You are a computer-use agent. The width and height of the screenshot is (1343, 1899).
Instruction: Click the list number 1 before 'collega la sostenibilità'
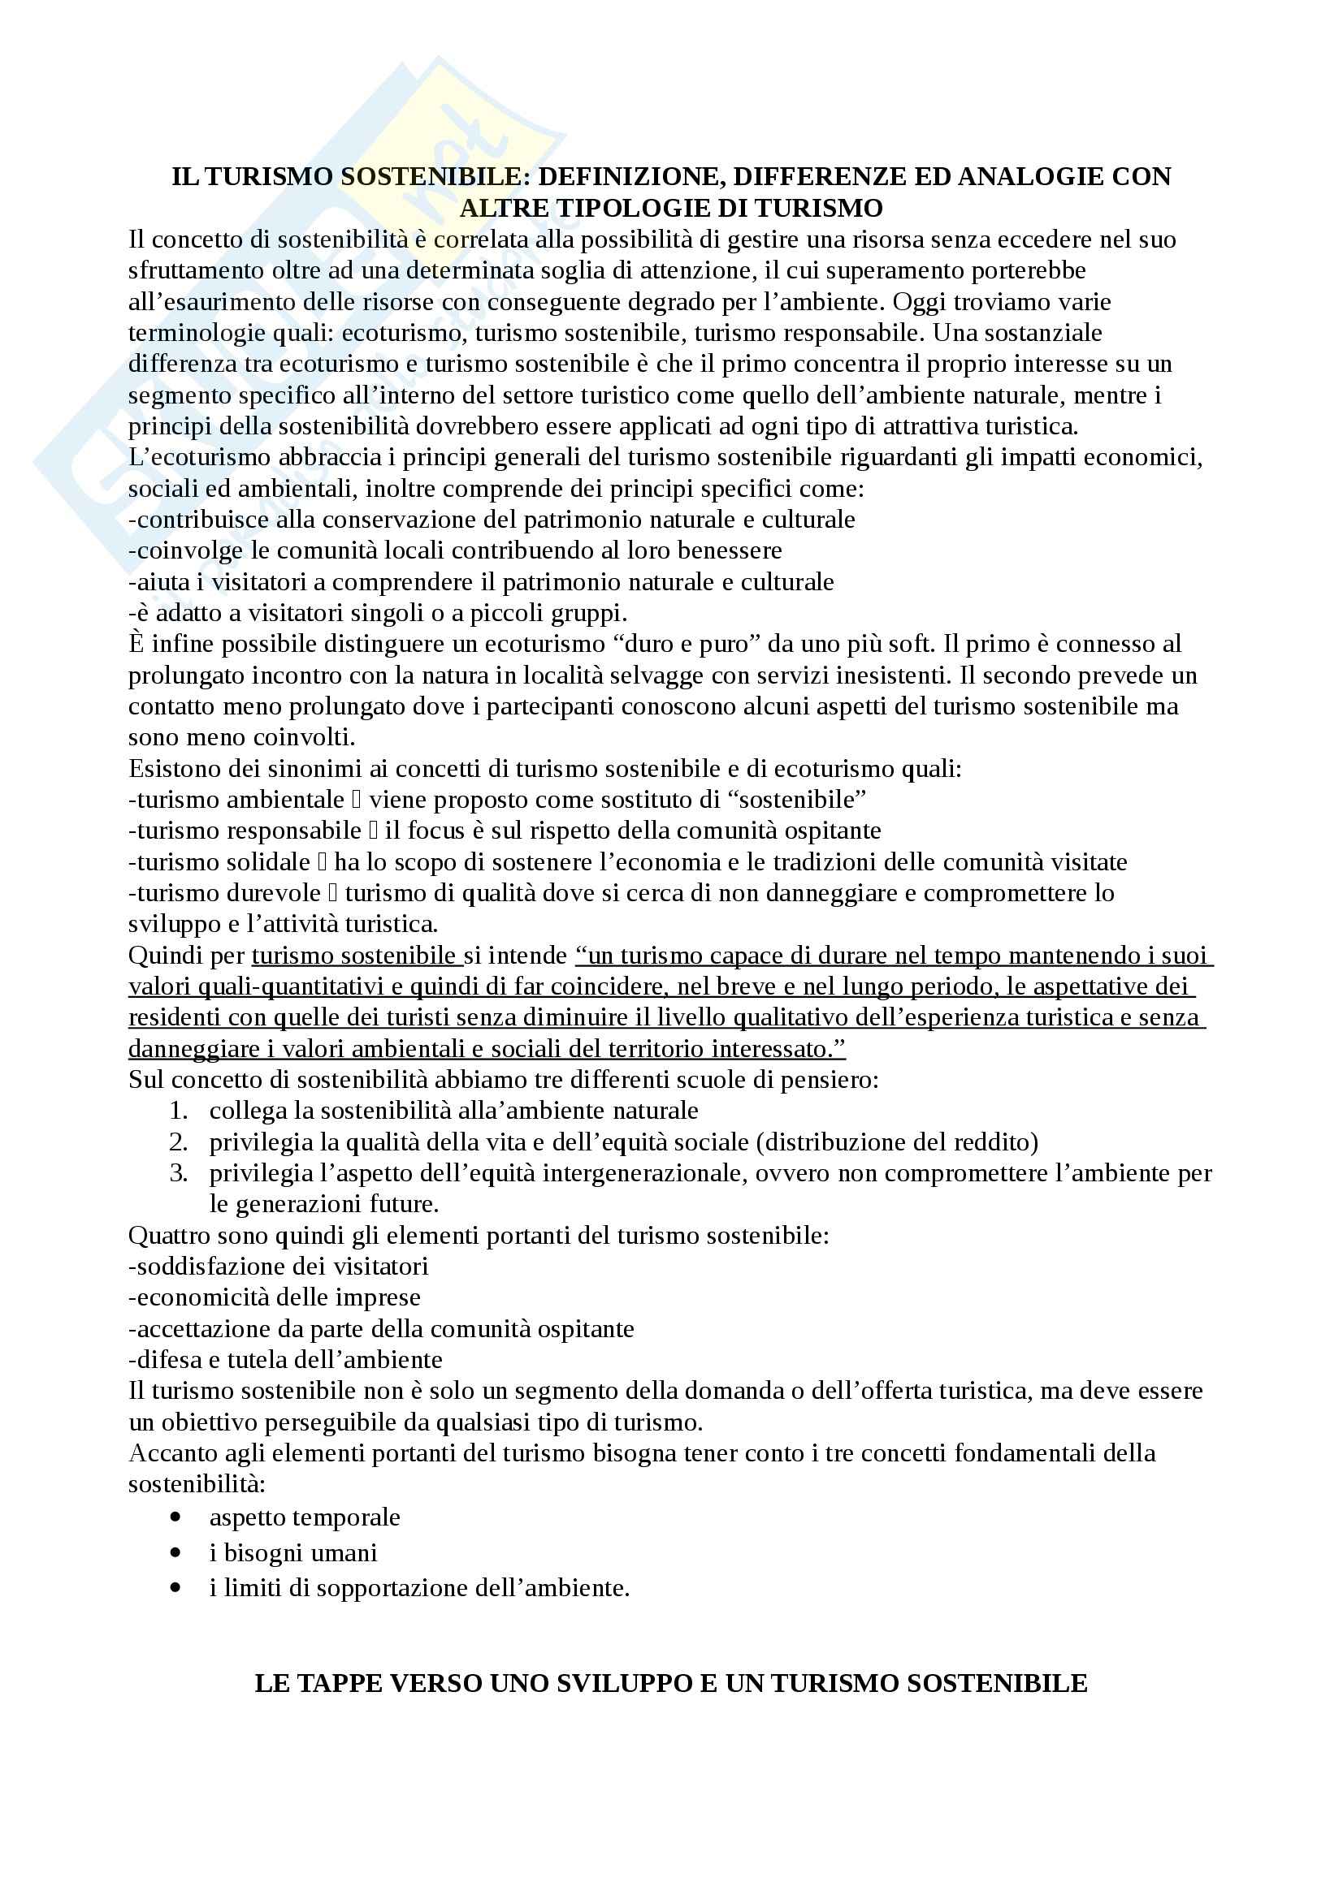tap(179, 1111)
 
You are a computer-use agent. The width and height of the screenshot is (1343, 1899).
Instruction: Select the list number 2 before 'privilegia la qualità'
tap(179, 1142)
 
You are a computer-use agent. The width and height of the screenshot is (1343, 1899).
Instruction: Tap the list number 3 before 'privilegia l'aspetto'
tap(179, 1174)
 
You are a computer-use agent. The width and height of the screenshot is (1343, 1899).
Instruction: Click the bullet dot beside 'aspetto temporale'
tap(175, 1517)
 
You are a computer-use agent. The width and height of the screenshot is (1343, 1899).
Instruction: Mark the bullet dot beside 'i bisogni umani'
tap(175, 1553)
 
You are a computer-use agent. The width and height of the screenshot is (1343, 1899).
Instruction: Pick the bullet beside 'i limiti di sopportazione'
tap(175, 1588)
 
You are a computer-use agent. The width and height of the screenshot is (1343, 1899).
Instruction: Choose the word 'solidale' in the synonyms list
tap(268, 863)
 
